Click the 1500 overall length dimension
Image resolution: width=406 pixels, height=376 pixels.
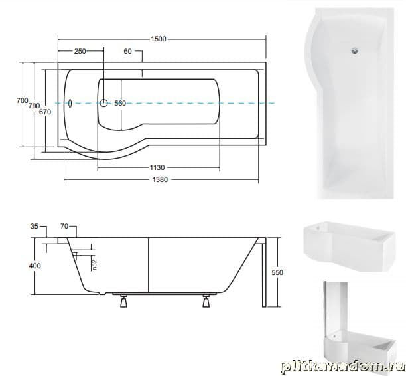pyautogui.click(x=159, y=39)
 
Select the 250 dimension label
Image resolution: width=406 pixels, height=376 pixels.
pyautogui.click(x=80, y=51)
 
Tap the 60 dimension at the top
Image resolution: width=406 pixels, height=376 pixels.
pyautogui.click(x=127, y=51)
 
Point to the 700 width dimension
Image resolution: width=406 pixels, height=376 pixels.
pyautogui.click(x=23, y=100)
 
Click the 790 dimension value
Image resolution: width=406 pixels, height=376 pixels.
pyautogui.click(x=34, y=106)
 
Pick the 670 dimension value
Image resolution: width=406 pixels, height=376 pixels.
pyautogui.click(x=45, y=112)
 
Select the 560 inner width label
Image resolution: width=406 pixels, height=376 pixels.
pyautogui.click(x=120, y=103)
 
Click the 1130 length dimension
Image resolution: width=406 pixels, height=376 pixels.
pyautogui.click(x=157, y=168)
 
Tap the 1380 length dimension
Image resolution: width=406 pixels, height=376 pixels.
pyautogui.click(x=160, y=180)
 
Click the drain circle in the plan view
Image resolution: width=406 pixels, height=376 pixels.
pyautogui.click(x=104, y=103)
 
